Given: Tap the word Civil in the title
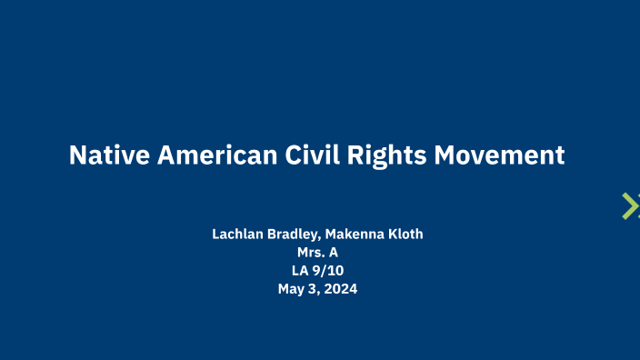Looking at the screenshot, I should (310, 155).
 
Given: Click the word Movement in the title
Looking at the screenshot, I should (499, 155).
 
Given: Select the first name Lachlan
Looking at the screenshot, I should (237, 235).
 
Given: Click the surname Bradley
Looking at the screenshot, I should (294, 235).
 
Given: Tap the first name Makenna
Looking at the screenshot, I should (359, 235).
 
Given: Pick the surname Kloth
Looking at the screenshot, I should (406, 235).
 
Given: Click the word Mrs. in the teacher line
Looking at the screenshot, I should (311, 253).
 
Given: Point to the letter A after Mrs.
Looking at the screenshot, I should (333, 253).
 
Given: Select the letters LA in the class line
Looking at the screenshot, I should (298, 271).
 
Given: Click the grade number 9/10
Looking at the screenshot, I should (328, 271).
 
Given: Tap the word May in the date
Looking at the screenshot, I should (292, 290).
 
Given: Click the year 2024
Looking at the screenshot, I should (342, 290).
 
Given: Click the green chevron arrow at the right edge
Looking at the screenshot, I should (630, 206).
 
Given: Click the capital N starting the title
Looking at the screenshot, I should (78, 155).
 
